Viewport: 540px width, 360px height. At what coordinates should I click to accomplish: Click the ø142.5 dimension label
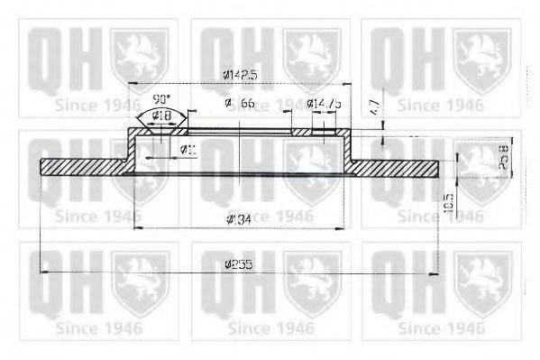pyautogui.click(x=237, y=77)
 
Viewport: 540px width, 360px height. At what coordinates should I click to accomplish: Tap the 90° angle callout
pyautogui.click(x=161, y=98)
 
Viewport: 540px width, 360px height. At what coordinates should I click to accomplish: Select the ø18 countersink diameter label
pyautogui.click(x=162, y=115)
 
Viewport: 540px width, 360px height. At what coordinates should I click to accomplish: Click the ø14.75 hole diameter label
pyautogui.click(x=323, y=105)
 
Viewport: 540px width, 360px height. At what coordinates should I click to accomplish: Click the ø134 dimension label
pyautogui.click(x=239, y=219)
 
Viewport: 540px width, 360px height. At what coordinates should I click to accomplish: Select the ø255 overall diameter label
pyautogui.click(x=238, y=264)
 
